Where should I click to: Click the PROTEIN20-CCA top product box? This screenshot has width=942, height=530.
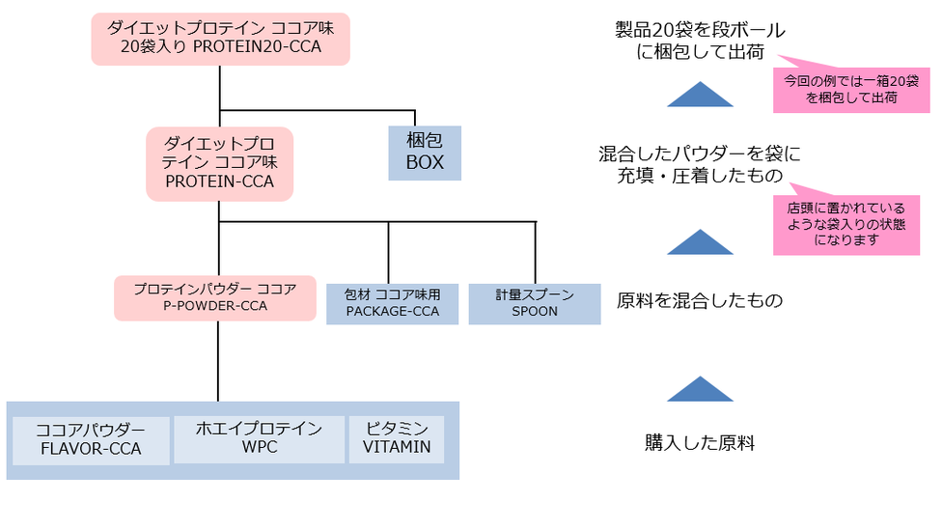220,39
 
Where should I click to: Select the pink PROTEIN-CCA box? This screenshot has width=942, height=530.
220,163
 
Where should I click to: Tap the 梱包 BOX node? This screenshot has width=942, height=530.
425,153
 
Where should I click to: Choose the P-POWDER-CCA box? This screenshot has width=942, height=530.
215,298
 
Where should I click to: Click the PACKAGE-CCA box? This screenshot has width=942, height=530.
392,304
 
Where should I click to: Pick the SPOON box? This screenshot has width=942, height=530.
535,304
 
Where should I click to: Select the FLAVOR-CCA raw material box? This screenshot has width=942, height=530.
91,440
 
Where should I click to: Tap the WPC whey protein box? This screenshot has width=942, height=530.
260,439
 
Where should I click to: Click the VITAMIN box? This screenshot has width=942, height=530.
397,439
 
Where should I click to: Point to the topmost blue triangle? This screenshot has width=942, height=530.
700,97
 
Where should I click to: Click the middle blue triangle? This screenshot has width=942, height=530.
700,243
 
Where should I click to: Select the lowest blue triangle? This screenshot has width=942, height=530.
700,391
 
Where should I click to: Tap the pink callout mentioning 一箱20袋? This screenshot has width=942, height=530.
851,90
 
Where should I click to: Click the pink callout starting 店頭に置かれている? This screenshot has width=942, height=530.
846,225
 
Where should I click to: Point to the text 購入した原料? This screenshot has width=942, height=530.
700,443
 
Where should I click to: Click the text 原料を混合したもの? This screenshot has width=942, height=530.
700,300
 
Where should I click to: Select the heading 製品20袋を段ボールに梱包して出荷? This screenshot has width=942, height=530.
700,41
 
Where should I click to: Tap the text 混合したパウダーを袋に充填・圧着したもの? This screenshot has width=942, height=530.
700,165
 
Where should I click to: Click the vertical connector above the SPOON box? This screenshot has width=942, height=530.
536,252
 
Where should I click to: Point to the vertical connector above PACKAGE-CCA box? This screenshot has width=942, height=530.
388,252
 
